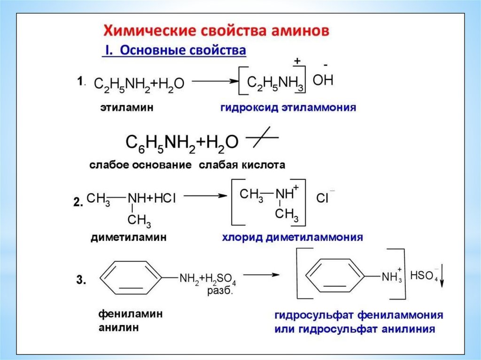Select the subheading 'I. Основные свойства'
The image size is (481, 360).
(174, 50)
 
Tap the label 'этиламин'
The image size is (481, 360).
(126, 108)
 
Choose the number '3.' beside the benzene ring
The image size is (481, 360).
(82, 281)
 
